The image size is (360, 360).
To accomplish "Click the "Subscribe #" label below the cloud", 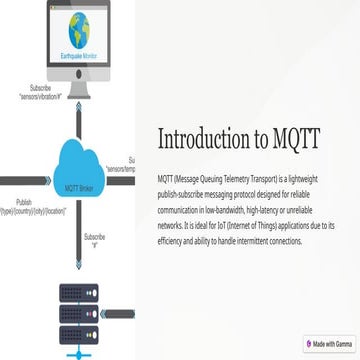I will (95, 239).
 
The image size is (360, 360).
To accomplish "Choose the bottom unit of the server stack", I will (76, 334).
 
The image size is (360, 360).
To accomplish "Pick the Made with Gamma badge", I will (330, 343).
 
